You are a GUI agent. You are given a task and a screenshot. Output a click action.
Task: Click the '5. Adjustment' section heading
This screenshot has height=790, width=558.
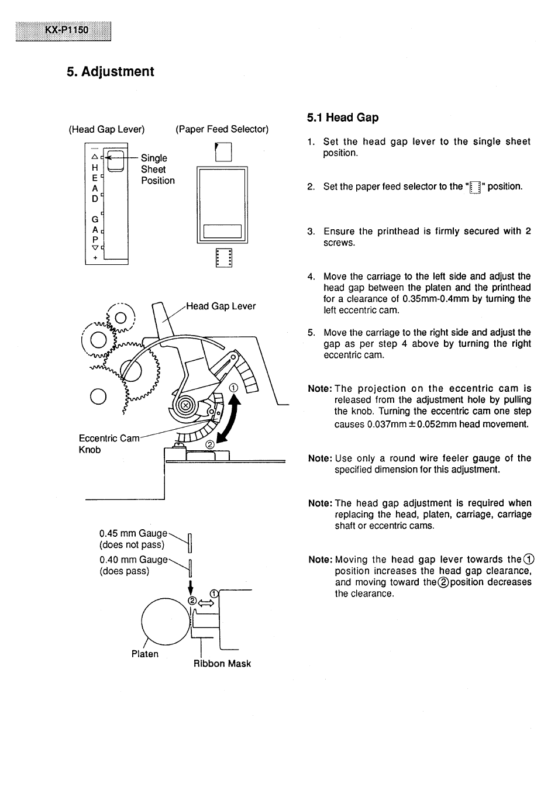pyautogui.click(x=111, y=72)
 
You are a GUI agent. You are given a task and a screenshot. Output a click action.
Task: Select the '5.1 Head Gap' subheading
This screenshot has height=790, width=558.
pyautogui.click(x=343, y=118)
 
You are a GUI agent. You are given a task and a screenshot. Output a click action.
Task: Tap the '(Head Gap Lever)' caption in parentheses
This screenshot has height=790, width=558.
pyautogui.click(x=106, y=129)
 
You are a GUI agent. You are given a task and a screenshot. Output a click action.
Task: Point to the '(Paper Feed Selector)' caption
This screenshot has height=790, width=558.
pyautogui.click(x=222, y=129)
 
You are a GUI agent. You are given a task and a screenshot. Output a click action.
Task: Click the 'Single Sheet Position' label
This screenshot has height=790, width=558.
pyautogui.click(x=157, y=170)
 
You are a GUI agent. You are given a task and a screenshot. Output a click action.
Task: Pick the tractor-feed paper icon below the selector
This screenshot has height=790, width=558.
pyautogui.click(x=223, y=258)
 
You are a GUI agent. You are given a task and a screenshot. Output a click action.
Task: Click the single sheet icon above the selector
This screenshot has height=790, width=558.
pyautogui.click(x=223, y=152)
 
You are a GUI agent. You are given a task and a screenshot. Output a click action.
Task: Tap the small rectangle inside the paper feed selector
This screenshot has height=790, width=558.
pyautogui.click(x=222, y=232)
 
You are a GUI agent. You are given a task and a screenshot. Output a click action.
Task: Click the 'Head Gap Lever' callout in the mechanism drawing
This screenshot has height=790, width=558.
pyautogui.click(x=221, y=306)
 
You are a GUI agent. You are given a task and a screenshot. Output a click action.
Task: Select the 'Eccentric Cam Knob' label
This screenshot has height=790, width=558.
pyautogui.click(x=109, y=444)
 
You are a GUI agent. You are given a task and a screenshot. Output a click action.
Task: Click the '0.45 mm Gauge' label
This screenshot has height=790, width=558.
pyautogui.click(x=133, y=533)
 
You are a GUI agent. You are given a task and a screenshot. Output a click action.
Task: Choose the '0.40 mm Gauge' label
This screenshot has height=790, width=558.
pyautogui.click(x=133, y=560)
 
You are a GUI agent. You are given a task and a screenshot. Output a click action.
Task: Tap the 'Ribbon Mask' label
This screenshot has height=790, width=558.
pyautogui.click(x=222, y=664)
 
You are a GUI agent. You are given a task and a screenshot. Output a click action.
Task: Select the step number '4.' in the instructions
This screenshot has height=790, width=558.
pyautogui.click(x=311, y=277)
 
